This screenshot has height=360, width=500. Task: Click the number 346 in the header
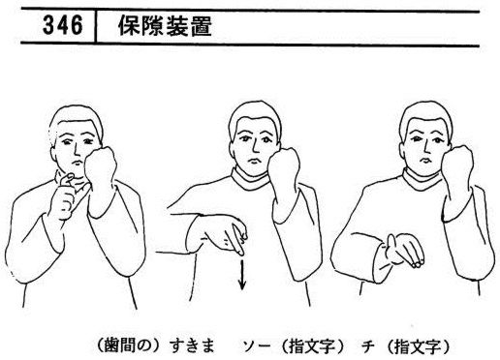point(63,25)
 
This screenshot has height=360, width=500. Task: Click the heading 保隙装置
point(165,26)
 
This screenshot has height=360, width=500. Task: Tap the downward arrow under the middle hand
point(242,275)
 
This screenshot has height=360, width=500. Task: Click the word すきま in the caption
point(192,347)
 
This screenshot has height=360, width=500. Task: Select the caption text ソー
point(257,347)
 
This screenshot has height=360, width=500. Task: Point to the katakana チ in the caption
point(368,347)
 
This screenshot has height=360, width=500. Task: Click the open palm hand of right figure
point(404,250)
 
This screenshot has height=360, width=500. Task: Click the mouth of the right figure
point(423,160)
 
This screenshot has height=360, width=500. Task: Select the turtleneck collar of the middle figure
point(250,179)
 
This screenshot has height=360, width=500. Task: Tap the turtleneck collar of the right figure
point(422,180)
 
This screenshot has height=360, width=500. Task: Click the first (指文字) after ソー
point(311,347)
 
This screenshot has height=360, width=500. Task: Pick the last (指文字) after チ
point(417,347)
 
